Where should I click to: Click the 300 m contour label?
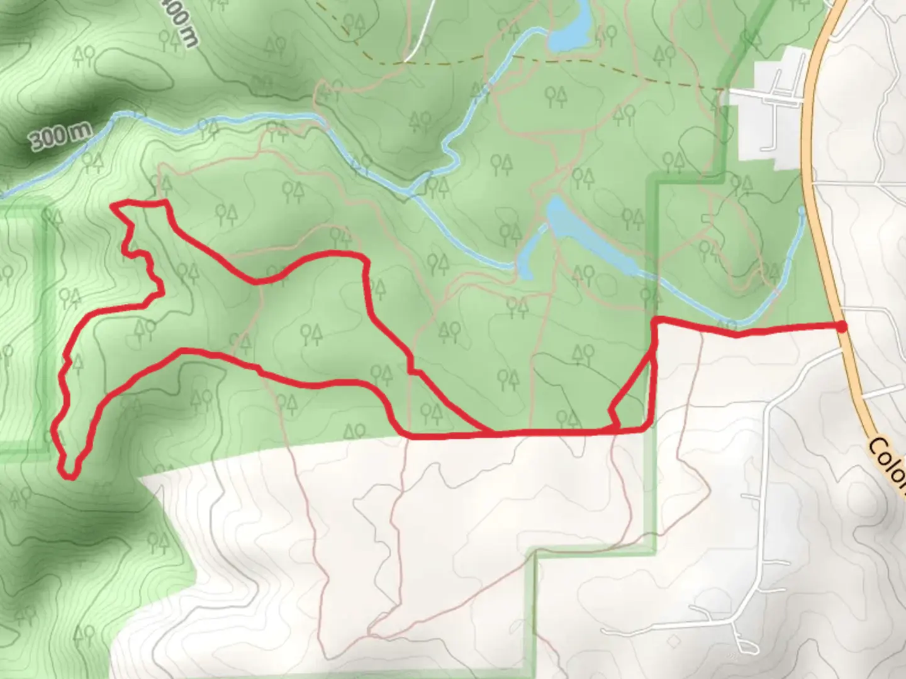(x=59, y=135)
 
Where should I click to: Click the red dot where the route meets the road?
(x=841, y=326)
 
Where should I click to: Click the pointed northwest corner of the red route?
(x=113, y=205)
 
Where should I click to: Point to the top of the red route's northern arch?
(x=333, y=253)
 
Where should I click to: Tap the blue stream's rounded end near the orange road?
(x=802, y=209)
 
